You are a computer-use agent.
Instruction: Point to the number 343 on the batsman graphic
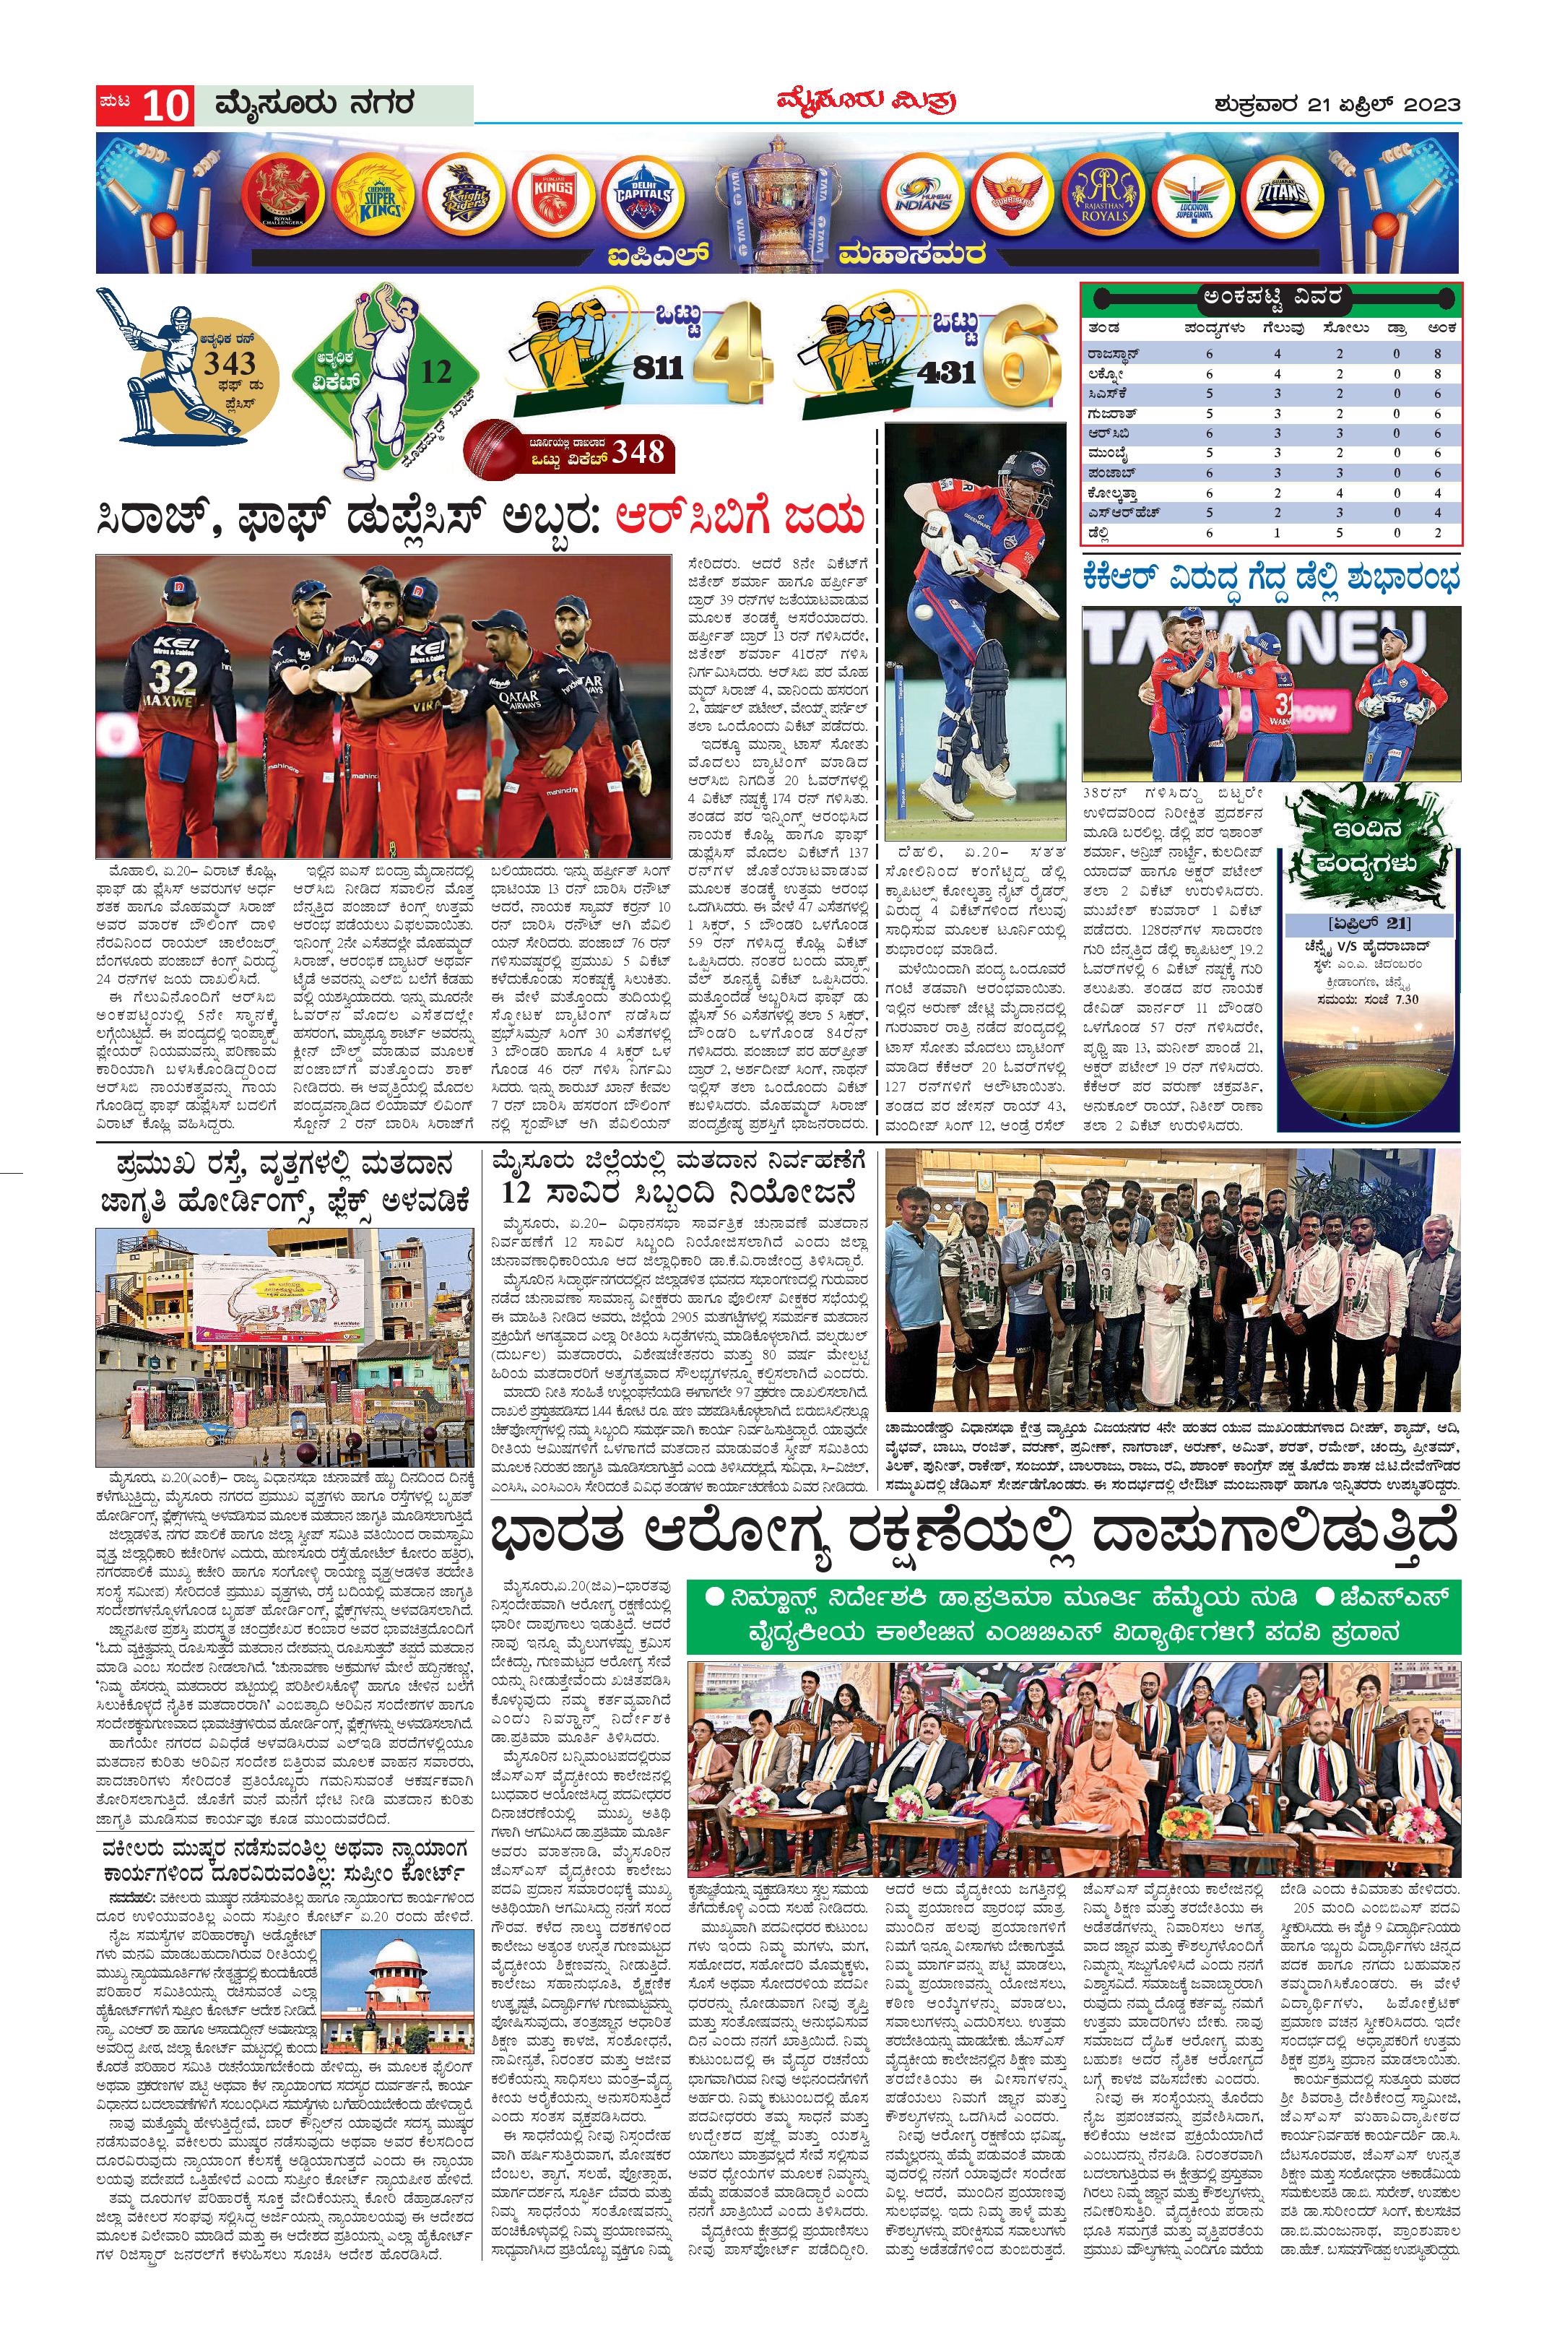pyautogui.click(x=230, y=363)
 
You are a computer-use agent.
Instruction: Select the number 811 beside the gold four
pyautogui.click(x=657, y=368)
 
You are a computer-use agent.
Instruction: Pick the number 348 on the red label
pyautogui.click(x=638, y=452)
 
